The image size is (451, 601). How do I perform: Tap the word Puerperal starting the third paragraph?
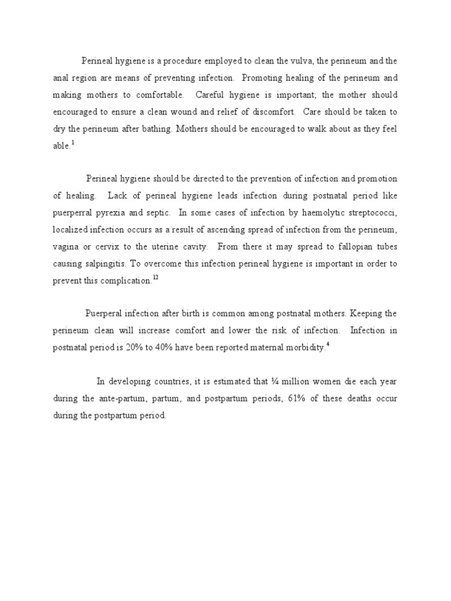tap(105, 314)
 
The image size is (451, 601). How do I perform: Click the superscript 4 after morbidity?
tap(328, 345)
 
